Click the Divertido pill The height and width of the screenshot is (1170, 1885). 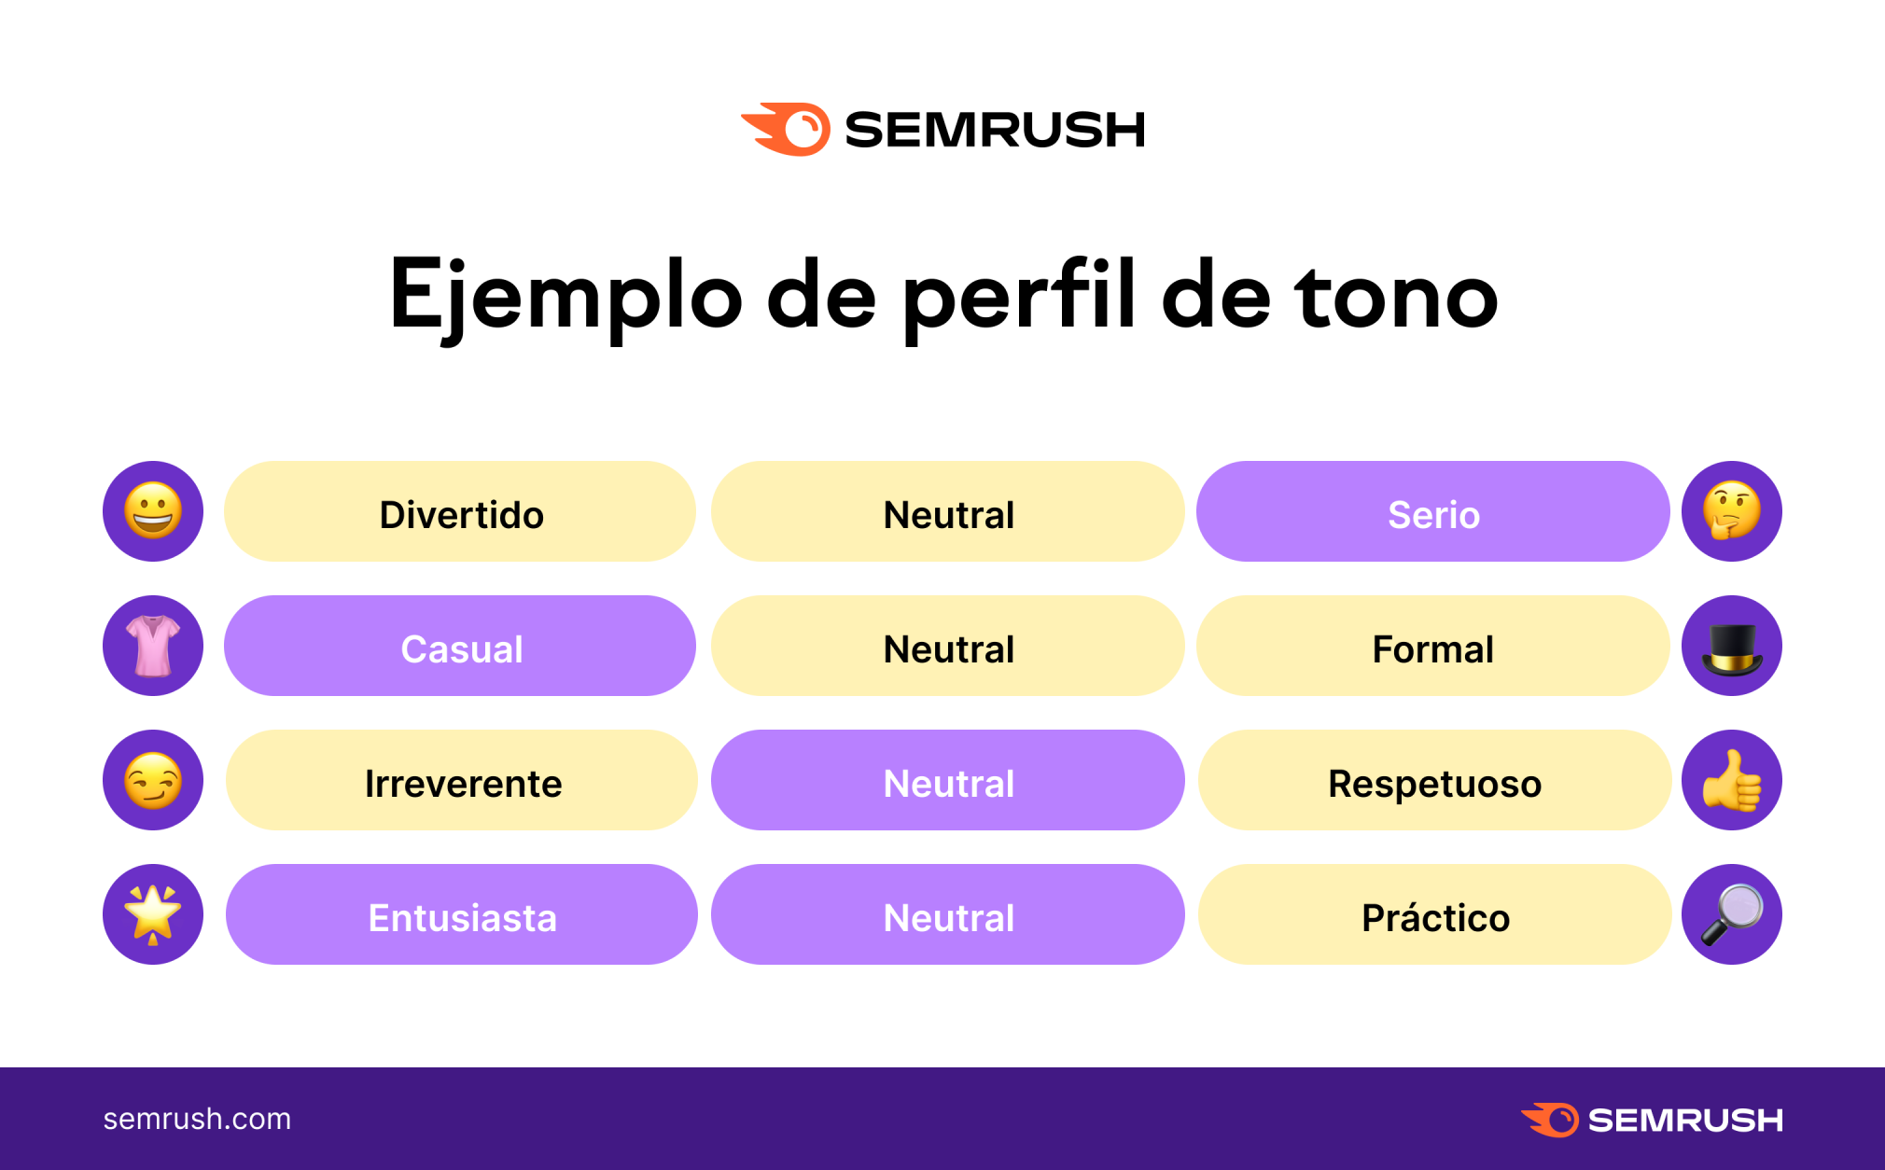pos(460,511)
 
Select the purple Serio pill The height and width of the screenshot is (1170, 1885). pos(1432,511)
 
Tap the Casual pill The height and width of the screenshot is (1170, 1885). pos(460,646)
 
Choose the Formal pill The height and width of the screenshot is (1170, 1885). pos(1432,646)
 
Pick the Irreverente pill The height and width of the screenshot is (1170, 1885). pos(461,780)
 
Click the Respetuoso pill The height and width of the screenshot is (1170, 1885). pos(1434,780)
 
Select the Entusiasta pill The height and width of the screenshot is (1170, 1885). pos(461,914)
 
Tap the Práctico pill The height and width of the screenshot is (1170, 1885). pos(1434,914)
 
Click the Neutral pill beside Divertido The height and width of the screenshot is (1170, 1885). pos(947,511)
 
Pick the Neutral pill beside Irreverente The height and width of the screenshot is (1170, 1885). pos(947,780)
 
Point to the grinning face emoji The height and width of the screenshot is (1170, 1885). pos(153,511)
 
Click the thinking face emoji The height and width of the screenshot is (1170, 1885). pos(1732,511)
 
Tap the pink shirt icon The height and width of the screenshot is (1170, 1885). pos(153,646)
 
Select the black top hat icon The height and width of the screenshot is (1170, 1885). pos(1732,648)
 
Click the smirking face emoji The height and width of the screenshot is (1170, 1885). pos(153,780)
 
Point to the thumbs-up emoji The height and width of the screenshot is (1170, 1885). pos(1732,780)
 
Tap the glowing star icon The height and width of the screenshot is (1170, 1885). pos(153,914)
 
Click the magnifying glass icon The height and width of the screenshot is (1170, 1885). pos(1732,914)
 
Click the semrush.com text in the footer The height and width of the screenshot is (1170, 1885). pos(197,1119)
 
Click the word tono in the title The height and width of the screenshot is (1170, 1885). pos(1396,296)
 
